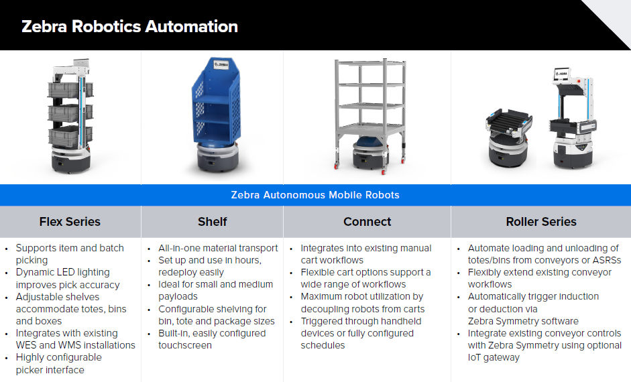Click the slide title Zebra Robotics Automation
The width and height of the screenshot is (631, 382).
129,27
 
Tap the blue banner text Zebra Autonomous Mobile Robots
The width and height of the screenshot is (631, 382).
315,195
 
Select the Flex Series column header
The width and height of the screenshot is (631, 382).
70,222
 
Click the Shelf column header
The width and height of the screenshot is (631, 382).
213,222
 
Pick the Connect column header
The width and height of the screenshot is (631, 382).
367,222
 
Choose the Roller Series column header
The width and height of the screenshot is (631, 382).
541,222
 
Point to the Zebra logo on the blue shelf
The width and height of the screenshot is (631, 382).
221,64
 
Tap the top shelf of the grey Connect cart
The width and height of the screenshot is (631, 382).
370,62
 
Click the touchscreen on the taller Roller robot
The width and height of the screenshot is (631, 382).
562,74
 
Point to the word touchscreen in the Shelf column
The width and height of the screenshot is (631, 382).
184,345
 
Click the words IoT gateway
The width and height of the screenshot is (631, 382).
494,357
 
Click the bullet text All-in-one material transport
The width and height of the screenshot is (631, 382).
218,248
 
